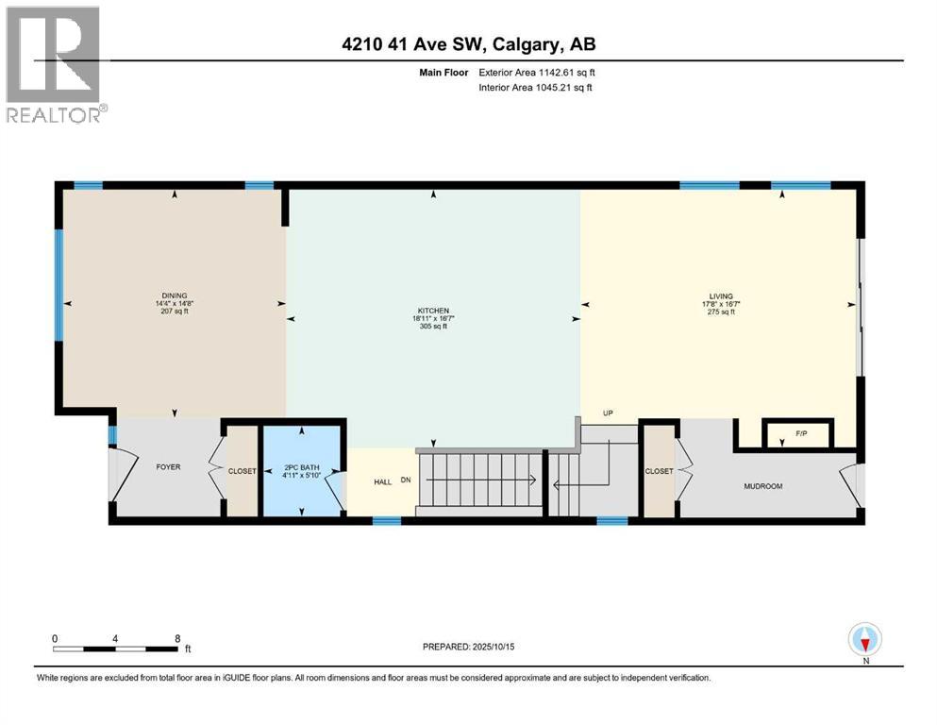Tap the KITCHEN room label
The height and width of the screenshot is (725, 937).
pyautogui.click(x=433, y=310)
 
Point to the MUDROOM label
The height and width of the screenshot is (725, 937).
pyautogui.click(x=763, y=486)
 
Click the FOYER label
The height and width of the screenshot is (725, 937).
pyautogui.click(x=168, y=466)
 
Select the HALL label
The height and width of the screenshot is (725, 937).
pyautogui.click(x=382, y=481)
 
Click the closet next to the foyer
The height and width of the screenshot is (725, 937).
pyautogui.click(x=243, y=471)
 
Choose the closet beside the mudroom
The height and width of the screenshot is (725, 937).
pyautogui.click(x=658, y=471)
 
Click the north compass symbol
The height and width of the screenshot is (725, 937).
pyautogui.click(x=864, y=640)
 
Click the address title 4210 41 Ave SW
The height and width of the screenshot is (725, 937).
pyautogui.click(x=468, y=44)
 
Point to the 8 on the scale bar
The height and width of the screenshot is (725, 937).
pyautogui.click(x=177, y=638)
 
